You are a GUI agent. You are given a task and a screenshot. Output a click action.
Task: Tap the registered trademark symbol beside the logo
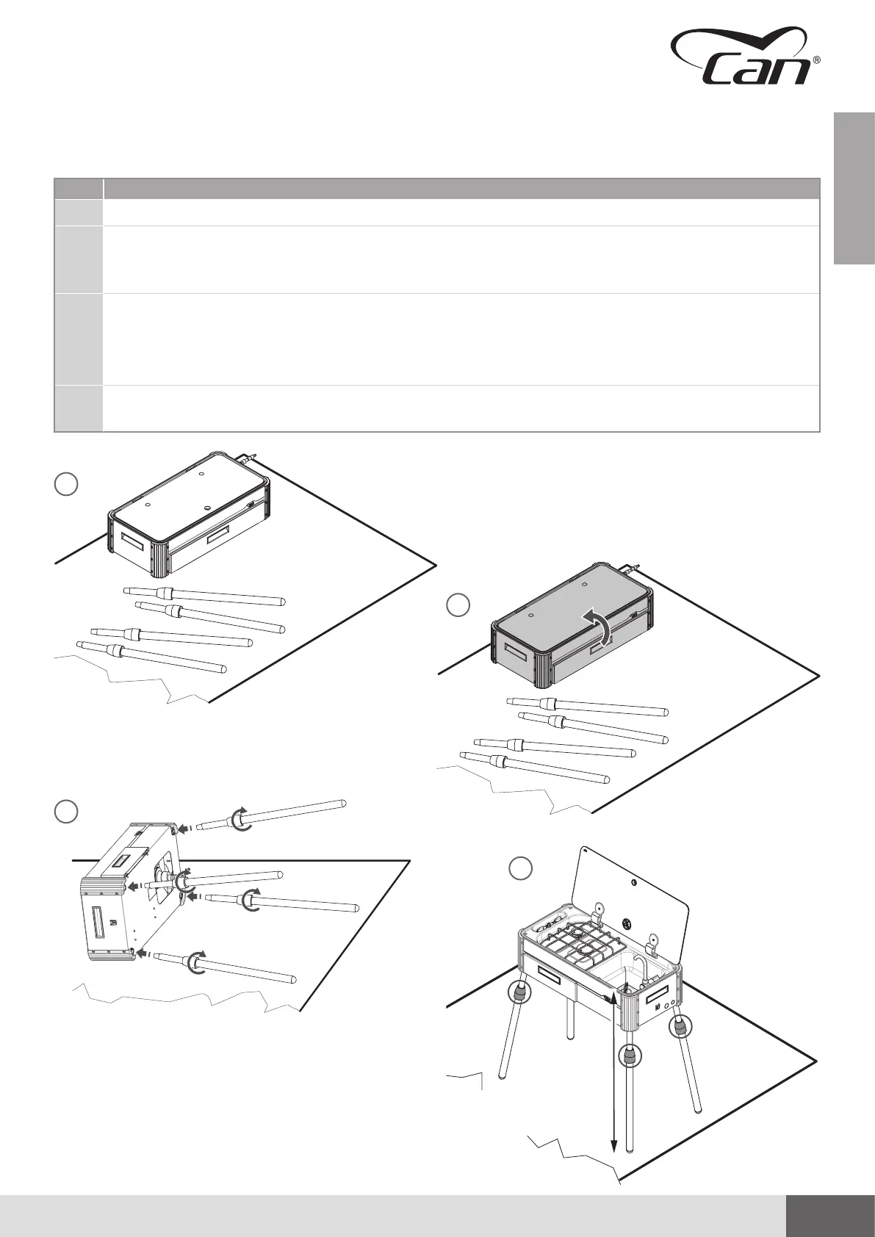point(817,62)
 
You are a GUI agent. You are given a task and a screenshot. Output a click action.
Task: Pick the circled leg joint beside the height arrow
point(630,1056)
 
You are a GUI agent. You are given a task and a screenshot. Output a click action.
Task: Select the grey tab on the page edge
point(854,187)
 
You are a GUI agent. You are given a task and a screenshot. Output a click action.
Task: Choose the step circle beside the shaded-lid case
point(458,605)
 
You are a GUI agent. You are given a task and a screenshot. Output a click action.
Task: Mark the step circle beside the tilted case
point(66,812)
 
